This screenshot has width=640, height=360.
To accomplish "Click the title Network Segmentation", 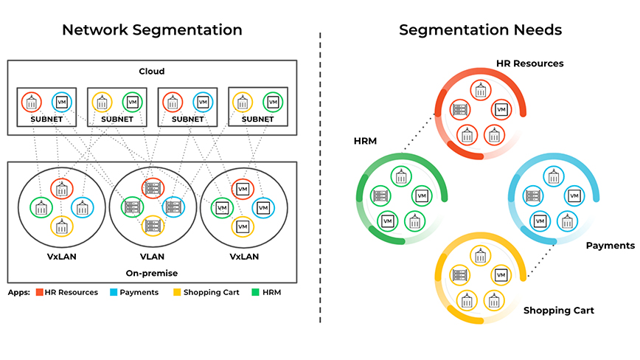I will tap(152, 30).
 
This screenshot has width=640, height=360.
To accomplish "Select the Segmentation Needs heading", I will tap(480, 30).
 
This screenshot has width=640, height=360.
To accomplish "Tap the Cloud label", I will tap(151, 72).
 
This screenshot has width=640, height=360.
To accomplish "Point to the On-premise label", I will tap(152, 272).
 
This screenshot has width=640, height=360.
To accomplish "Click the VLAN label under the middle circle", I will tap(153, 257).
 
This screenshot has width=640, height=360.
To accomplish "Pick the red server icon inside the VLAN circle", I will tap(153, 188).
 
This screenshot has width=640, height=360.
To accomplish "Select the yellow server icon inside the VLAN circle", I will tap(153, 226).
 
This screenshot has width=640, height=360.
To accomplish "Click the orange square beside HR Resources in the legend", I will tap(39, 292).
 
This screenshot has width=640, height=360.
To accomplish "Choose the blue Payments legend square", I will tap(114, 292).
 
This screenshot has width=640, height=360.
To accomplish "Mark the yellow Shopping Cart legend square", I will tap(177, 292).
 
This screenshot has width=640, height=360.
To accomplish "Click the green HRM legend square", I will tap(255, 292).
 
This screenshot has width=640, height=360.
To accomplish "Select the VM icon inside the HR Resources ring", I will tap(501, 110).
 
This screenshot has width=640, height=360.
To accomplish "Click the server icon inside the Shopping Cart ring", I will tap(459, 276).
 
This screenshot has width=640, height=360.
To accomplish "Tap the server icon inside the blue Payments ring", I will tap(531, 195).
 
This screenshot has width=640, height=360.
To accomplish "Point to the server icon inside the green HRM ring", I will tap(380, 196).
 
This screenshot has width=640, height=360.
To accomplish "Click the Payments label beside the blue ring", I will tap(610, 246).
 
